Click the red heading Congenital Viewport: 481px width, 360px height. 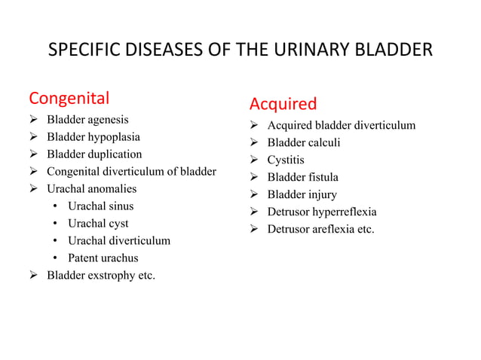(x=69, y=98)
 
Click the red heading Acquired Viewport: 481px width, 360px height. (x=283, y=103)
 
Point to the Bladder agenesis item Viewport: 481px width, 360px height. (x=87, y=120)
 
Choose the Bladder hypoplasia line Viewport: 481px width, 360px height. (x=93, y=137)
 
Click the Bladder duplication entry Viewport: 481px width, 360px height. (x=94, y=154)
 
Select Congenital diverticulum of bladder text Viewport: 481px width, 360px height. (x=131, y=172)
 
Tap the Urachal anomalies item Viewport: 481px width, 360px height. (x=91, y=188)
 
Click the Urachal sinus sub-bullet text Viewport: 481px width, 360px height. (x=100, y=206)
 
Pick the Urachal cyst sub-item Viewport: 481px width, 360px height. (x=98, y=223)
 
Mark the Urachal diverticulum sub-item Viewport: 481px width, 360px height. (x=119, y=240)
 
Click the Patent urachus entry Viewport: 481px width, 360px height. (x=103, y=258)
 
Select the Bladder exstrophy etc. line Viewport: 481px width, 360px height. (x=101, y=275)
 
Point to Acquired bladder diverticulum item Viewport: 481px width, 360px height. (x=341, y=125)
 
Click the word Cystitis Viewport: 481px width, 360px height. (x=286, y=160)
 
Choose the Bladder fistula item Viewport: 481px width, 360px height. (x=302, y=177)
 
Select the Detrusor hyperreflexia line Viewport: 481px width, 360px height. (x=322, y=212)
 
